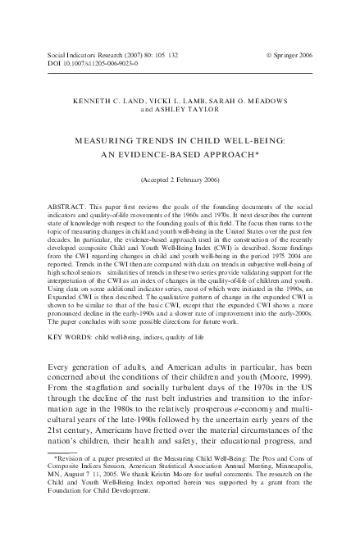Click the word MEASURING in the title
tap(107, 141)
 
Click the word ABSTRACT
tap(66, 200)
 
